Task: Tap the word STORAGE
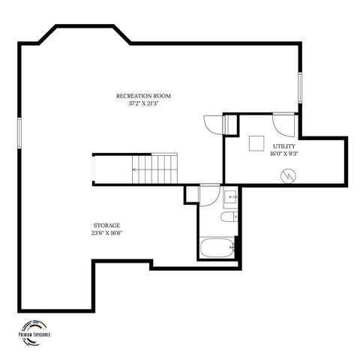pyautogui.click(x=106, y=224)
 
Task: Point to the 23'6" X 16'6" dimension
pyautogui.click(x=106, y=232)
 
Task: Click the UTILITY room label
pyautogui.click(x=283, y=146)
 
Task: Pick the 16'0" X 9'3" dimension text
pyautogui.click(x=283, y=154)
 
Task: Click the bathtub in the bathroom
pyautogui.click(x=218, y=247)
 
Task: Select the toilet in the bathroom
pyautogui.click(x=228, y=218)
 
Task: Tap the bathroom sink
pyautogui.click(x=230, y=198)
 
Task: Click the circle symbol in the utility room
pyautogui.click(x=287, y=176)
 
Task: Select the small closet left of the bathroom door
pyautogui.click(x=192, y=194)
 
